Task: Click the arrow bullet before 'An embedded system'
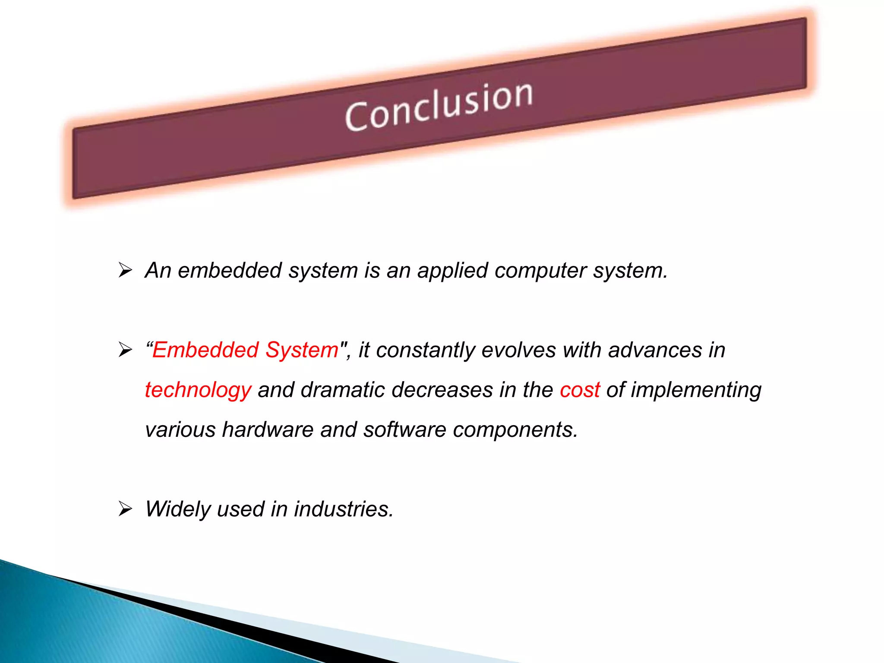125,270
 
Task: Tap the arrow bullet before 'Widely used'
125,509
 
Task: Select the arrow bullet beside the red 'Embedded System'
125,350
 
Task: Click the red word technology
198,391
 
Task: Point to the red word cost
580,390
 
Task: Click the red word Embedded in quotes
205,350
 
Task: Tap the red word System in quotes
302,350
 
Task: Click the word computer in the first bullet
540,271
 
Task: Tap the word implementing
696,391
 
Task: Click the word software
404,429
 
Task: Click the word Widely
178,509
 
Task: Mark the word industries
344,509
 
